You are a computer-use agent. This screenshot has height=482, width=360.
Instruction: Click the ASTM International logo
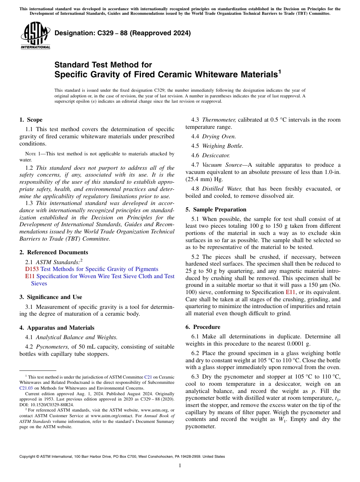click(35, 36)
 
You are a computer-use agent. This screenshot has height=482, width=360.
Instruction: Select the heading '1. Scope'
click(31, 120)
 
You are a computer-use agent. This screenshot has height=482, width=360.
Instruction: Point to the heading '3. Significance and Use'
click(50, 297)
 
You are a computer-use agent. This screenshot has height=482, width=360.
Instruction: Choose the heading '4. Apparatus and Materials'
click(57, 328)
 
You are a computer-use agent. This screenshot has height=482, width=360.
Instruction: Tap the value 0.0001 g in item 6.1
click(298, 344)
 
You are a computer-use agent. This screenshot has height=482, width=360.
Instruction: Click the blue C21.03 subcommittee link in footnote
click(26, 388)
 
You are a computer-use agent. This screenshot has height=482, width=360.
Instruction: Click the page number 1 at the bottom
click(180, 465)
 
